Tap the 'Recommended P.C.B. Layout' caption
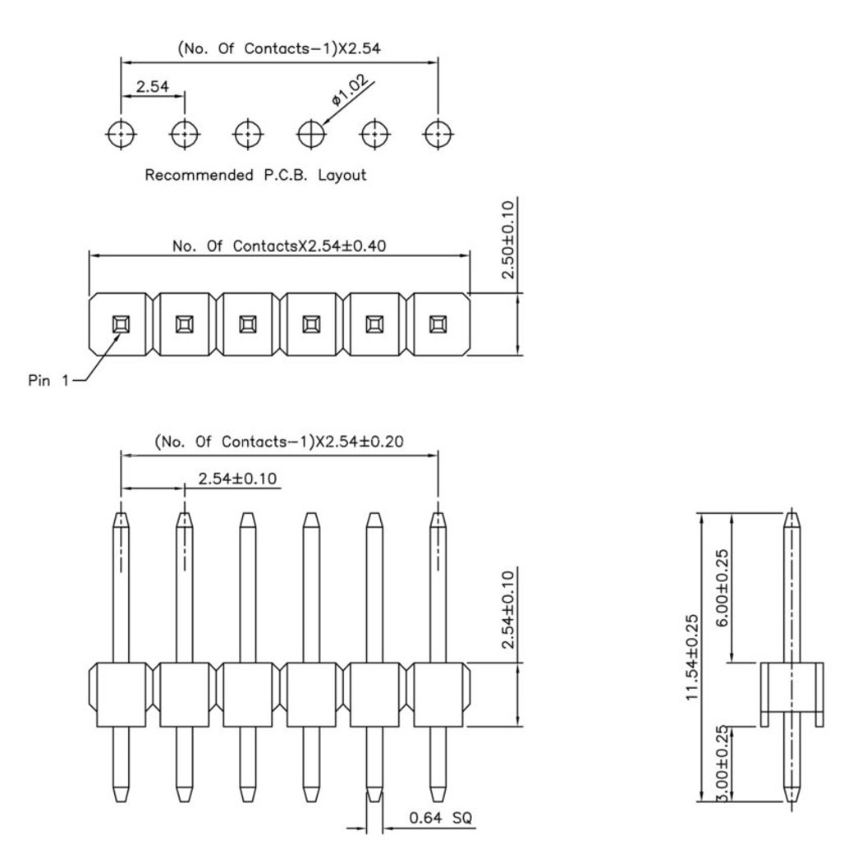pos(255,176)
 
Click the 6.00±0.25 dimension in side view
pos(722,587)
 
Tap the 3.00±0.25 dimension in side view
pos(722,763)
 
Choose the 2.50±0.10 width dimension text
pos(508,239)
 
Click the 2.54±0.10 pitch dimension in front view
pos(239,478)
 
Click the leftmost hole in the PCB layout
pos(122,133)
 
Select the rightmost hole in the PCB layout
pos(438,133)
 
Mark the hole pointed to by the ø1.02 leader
pos(311,133)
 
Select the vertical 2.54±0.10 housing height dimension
pos(508,609)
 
